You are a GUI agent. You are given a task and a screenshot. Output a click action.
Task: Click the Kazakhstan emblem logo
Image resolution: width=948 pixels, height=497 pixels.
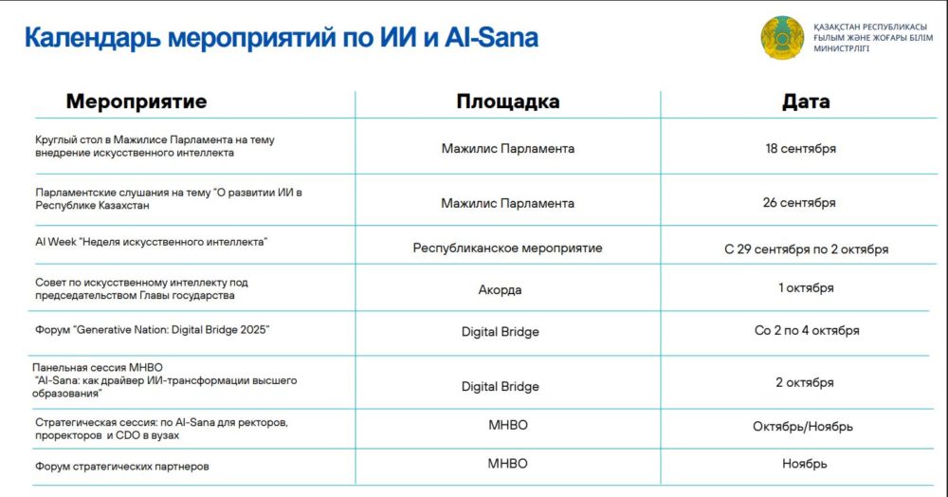pyautogui.click(x=782, y=38)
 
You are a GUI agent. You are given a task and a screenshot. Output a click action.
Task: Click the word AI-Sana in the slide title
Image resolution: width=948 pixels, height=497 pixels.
pyautogui.click(x=491, y=37)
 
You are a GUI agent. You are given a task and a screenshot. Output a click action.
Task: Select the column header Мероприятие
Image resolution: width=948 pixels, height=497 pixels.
pyautogui.click(x=136, y=101)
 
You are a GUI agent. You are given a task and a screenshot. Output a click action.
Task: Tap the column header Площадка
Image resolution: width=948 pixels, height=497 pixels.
pyautogui.click(x=508, y=101)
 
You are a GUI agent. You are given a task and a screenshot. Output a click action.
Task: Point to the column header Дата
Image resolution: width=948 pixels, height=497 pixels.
pyautogui.click(x=805, y=101)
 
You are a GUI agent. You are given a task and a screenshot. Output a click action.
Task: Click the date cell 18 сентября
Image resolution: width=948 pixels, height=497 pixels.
pyautogui.click(x=800, y=148)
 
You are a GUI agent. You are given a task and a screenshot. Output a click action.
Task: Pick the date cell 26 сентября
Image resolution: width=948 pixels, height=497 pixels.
pyautogui.click(x=799, y=203)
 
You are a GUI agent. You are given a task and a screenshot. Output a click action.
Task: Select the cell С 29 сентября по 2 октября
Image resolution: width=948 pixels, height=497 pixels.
pyautogui.click(x=807, y=249)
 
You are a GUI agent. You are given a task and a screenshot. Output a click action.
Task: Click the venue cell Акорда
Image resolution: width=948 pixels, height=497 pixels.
pyautogui.click(x=500, y=289)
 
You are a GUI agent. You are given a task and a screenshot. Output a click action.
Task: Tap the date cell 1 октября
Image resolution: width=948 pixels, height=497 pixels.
pyautogui.click(x=806, y=287)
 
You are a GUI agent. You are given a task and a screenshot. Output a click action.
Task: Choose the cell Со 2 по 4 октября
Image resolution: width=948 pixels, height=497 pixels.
pyautogui.click(x=807, y=331)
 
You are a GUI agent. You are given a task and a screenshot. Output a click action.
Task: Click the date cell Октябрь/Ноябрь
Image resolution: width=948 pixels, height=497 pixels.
pyautogui.click(x=803, y=426)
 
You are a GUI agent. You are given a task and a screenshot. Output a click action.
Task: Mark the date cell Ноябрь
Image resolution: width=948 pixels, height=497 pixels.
pyautogui.click(x=805, y=464)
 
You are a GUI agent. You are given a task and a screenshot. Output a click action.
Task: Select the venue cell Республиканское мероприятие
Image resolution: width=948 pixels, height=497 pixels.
pyautogui.click(x=508, y=248)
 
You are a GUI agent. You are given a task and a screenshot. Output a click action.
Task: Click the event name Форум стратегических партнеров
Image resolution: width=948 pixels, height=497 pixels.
pyautogui.click(x=122, y=466)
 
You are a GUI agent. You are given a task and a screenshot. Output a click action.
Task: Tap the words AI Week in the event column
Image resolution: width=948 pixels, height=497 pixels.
pyautogui.click(x=56, y=242)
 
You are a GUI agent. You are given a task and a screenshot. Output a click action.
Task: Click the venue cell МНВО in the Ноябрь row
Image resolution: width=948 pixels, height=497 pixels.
pyautogui.click(x=508, y=464)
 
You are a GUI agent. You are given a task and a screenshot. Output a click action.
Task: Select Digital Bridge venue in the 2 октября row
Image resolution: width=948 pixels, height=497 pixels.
pyautogui.click(x=500, y=386)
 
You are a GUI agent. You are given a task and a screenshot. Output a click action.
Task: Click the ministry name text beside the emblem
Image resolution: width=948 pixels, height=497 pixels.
pyautogui.click(x=873, y=38)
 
